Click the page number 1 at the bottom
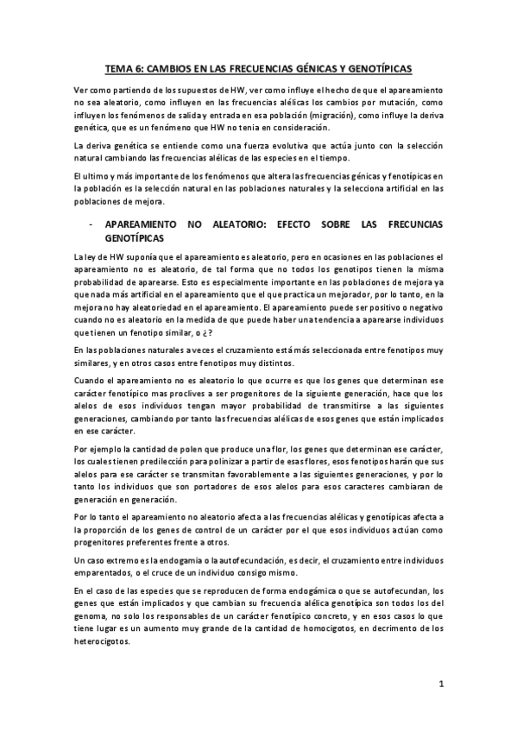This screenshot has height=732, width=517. click(x=440, y=685)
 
